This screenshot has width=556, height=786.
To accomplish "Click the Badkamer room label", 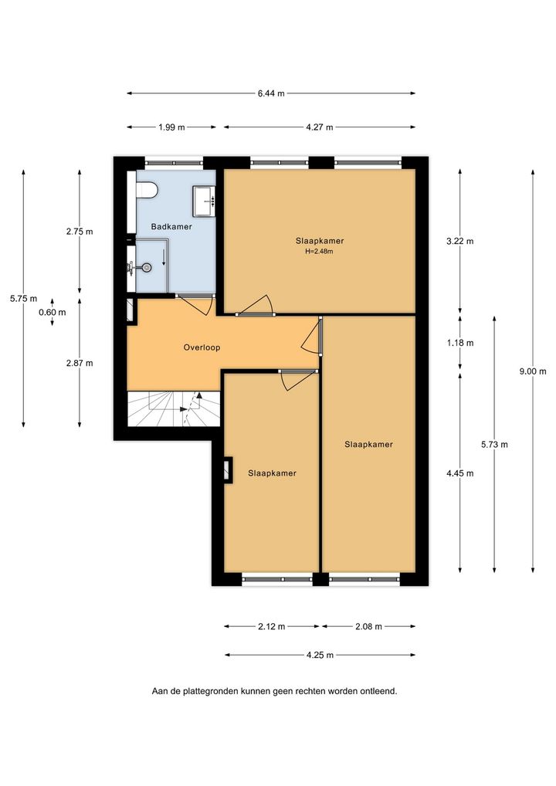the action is pos(171,226).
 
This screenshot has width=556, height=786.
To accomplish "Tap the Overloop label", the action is pos(202,347).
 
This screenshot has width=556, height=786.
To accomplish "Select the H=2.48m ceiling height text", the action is pos(320,252).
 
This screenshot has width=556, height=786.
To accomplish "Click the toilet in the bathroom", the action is pos(147,191).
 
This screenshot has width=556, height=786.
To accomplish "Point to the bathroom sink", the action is pos(204,201).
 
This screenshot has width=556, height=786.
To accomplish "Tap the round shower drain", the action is pos(147,268).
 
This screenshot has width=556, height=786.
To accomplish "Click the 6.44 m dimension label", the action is pos(271,93).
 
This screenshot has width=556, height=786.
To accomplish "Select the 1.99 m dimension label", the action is pos(171,127).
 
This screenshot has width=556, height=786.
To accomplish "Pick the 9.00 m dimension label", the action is pos(533,371).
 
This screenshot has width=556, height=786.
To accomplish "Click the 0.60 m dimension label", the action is pos(53,312).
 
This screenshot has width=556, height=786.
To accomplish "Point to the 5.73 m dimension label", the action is pos(494,444).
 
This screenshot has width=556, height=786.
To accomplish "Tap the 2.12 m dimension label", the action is pos(272,627).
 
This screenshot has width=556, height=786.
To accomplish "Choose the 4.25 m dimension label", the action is pos(320,656).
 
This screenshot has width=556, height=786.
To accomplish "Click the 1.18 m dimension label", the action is pos(460,343).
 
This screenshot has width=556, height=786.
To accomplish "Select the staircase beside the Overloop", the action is pos(174,408).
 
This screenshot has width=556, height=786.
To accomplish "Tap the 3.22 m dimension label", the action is pos(460,241).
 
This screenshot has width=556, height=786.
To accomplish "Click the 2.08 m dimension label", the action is pos(368,627).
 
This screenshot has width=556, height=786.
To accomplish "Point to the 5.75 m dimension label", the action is pos(24,299).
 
